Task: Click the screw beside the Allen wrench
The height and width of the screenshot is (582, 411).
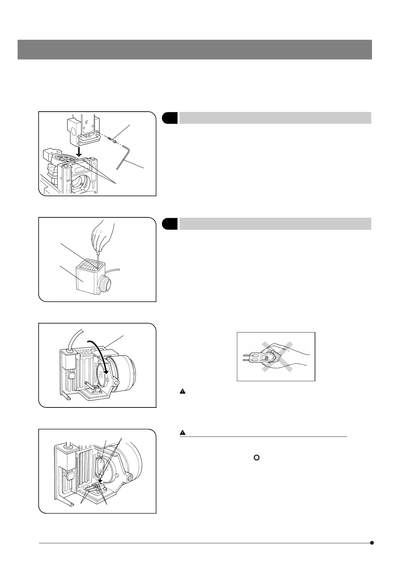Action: point(112,141)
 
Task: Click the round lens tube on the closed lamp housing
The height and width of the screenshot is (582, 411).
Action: point(105,281)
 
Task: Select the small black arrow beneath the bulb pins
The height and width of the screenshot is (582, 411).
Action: point(100,480)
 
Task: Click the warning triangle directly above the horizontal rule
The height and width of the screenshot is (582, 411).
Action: point(183,432)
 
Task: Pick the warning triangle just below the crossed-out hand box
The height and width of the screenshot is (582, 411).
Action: point(182,392)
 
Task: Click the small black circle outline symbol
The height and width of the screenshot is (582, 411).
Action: point(256,458)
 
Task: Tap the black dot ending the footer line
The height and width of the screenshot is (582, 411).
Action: point(372,543)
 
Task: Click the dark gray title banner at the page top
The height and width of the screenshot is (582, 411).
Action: point(194,49)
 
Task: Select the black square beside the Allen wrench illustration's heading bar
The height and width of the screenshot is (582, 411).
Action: point(170,118)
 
